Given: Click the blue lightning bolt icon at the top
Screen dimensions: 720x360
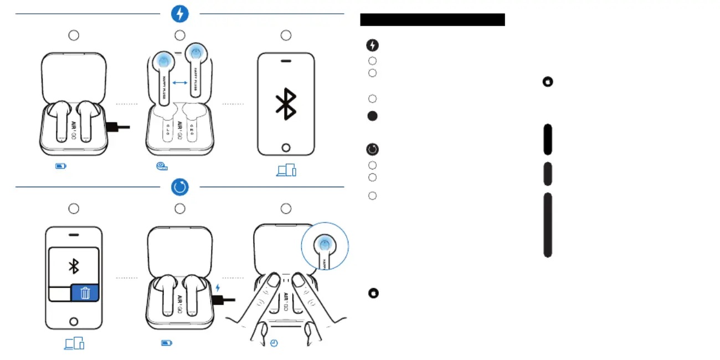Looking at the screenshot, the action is pos(180,14).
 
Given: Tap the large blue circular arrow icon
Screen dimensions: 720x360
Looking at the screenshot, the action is pos(180,187).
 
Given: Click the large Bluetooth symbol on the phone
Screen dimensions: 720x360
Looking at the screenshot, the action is pos(286,104).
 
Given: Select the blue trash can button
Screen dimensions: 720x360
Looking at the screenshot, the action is pos(85,293).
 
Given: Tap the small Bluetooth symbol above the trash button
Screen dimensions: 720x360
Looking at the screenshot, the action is pos(74,266).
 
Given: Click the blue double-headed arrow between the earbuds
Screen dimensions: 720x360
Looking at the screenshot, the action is pos(179,83).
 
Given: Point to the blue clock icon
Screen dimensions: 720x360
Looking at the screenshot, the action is pos(274,343).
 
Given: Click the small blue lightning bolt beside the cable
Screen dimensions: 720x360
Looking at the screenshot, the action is pos(218,287).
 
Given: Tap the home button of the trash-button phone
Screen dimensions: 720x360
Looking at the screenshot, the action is pos(74,321).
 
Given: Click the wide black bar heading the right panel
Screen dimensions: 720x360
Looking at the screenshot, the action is pos(433,20).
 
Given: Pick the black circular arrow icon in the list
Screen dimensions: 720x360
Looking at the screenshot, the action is pos(372,149).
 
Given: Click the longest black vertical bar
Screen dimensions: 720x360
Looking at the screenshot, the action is pos(548,225).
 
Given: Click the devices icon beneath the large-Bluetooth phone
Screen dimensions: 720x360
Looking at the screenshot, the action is pos(286,171).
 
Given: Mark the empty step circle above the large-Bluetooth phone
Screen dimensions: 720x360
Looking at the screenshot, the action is pos(286,35).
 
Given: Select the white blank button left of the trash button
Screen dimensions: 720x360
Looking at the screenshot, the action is pos(60,293).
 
